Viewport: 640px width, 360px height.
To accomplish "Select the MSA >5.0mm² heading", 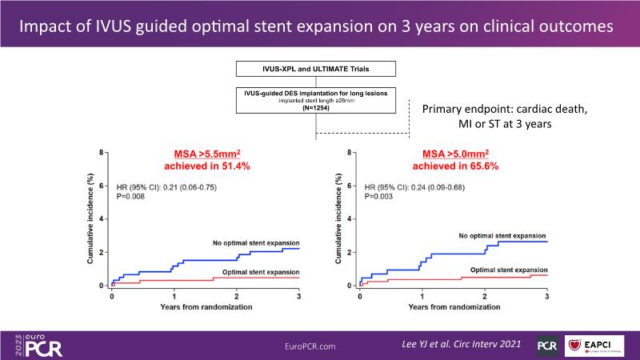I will tap(453, 153).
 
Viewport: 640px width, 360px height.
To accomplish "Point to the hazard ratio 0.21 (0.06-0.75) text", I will tap(166, 186).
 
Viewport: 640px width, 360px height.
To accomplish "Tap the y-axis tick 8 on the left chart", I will tap(102, 152).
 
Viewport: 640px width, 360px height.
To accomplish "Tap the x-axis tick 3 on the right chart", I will tap(546, 296).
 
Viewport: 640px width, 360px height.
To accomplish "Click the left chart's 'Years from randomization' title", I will tap(206, 307).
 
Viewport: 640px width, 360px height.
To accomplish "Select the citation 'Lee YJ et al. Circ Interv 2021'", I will tap(459, 343).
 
